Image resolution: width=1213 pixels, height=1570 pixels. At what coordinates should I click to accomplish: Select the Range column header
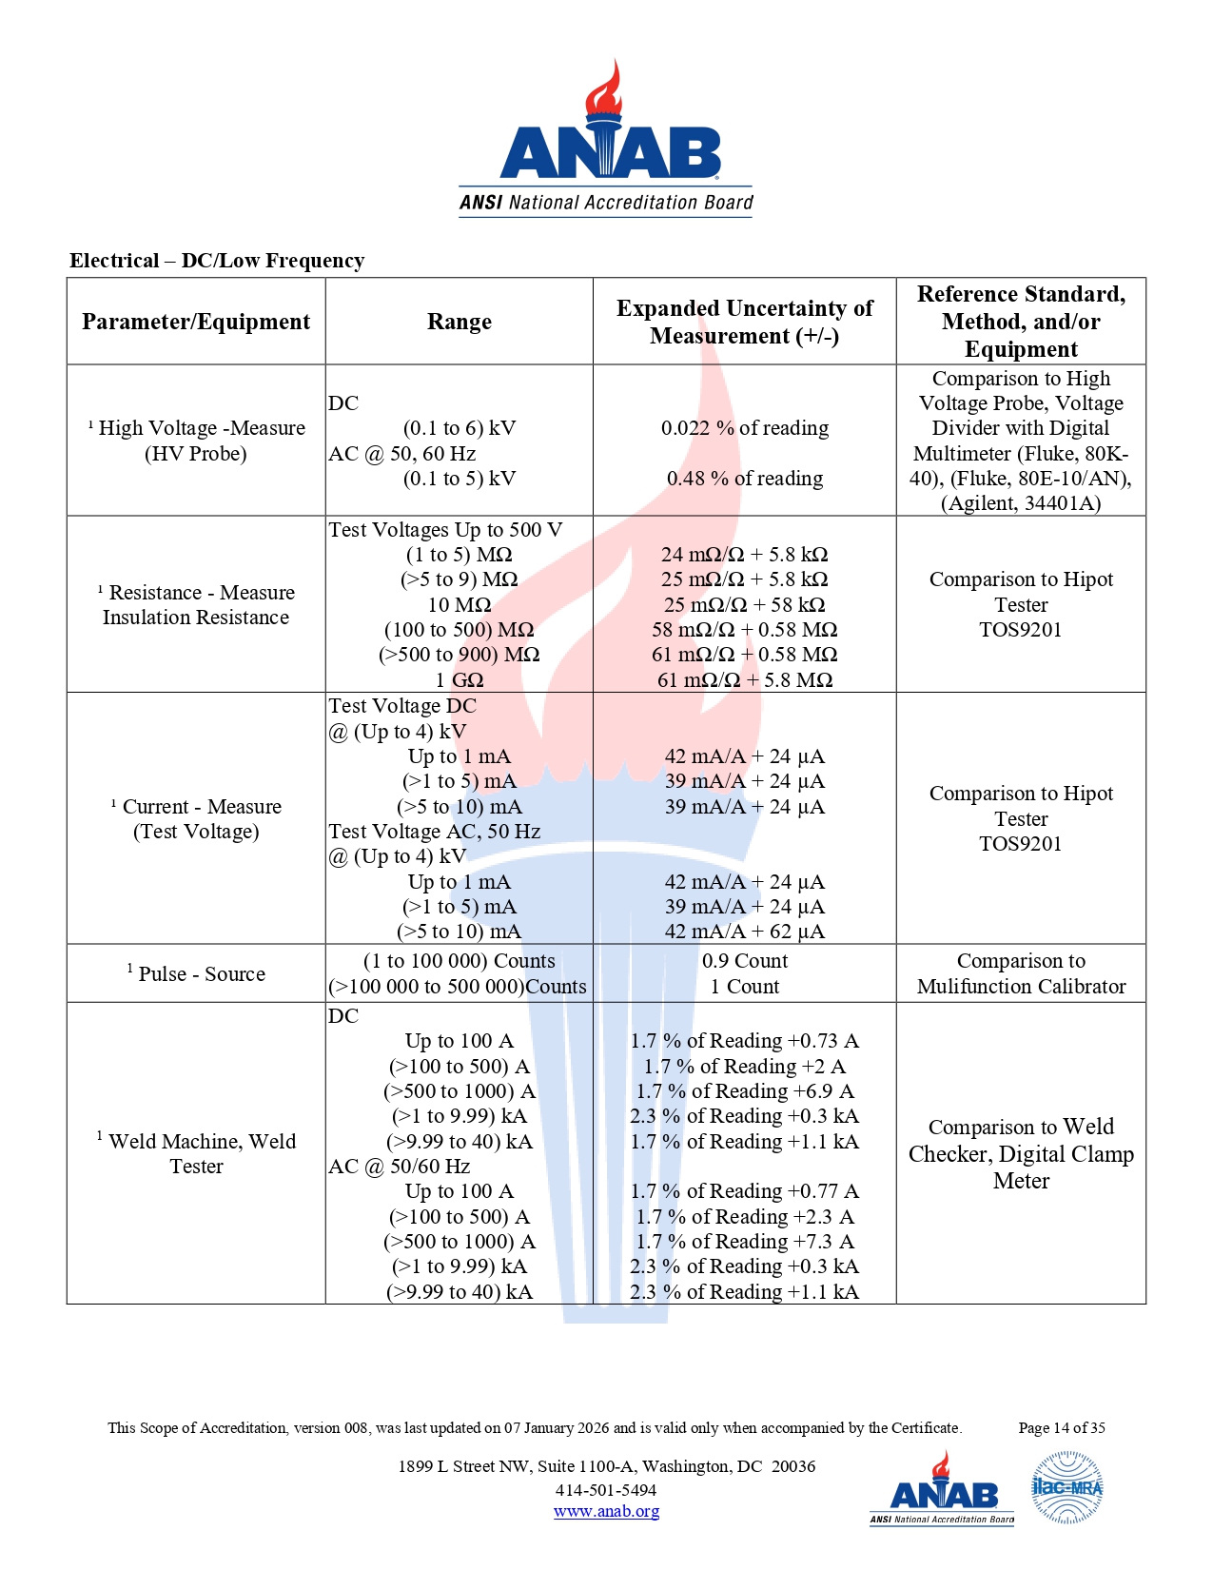459,322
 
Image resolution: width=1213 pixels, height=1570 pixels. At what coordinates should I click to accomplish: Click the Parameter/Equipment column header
196,322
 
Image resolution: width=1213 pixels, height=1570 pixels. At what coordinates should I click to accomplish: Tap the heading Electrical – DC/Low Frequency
217,261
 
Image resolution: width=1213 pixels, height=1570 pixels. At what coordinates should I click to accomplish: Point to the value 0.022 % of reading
744,428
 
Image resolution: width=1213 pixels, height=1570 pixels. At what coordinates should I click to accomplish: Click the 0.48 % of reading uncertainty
744,479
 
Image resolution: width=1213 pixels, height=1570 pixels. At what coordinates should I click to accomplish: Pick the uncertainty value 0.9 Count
744,961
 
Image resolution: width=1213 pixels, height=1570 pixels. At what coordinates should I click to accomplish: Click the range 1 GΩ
459,679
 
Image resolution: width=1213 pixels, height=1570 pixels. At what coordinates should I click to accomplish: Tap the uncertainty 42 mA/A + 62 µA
744,932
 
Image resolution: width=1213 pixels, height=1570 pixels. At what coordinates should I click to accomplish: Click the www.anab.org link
606,1511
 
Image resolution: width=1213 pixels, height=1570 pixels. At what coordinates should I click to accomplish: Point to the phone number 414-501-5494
606,1490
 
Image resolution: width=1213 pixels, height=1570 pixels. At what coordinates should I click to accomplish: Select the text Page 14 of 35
1061,1427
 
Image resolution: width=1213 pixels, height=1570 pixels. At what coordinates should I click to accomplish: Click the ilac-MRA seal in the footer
1066,1488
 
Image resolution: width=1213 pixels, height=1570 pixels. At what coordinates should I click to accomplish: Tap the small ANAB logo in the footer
942,1489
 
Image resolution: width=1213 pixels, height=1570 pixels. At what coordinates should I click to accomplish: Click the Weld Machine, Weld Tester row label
197,1153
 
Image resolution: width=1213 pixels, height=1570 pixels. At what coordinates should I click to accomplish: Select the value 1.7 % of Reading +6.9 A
744,1091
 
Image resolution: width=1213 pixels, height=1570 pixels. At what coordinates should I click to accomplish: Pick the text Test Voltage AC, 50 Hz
435,832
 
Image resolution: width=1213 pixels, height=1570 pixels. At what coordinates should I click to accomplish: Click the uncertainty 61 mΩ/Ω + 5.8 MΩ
744,679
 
